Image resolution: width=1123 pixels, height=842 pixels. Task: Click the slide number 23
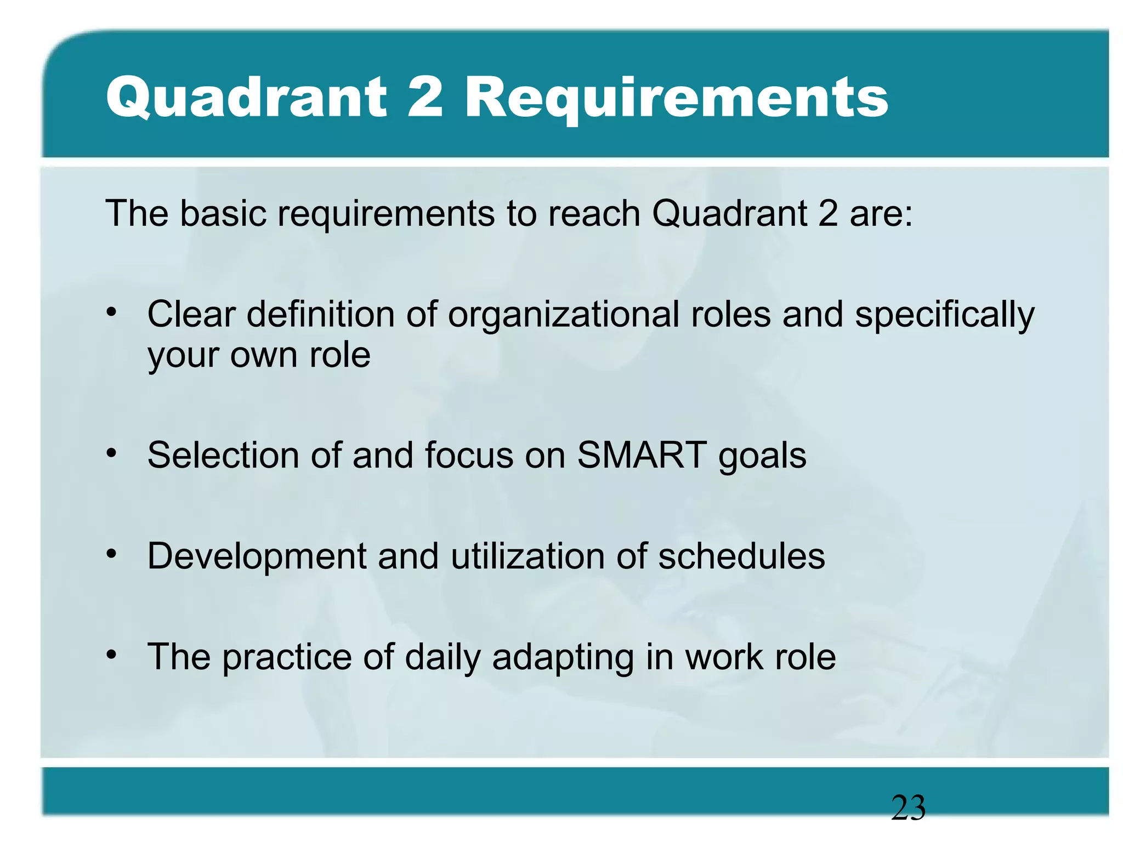(908, 808)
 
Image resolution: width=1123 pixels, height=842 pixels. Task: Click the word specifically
(944, 316)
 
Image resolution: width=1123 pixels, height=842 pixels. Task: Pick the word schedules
(741, 556)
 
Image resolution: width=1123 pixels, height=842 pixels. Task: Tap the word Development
(257, 556)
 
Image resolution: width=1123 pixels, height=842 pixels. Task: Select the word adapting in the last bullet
(563, 658)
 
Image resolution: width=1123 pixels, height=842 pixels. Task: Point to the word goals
(762, 456)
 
